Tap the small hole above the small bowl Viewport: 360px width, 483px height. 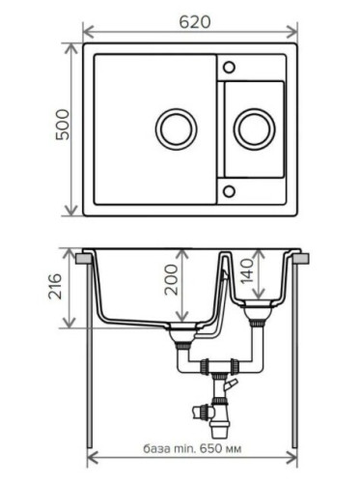coord(229,68)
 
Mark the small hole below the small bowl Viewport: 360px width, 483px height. coord(229,190)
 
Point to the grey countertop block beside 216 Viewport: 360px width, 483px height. coord(84,259)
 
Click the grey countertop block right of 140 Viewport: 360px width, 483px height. coord(299,259)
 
